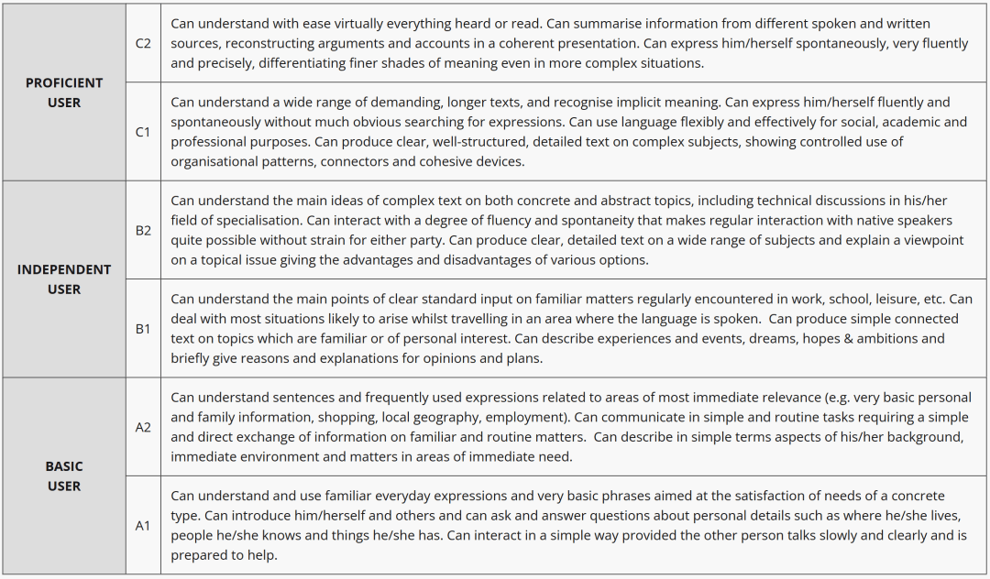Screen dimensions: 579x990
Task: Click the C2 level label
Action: click(x=143, y=43)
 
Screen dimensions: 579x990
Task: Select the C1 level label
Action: click(x=143, y=132)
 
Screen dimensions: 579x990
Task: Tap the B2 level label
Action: click(x=143, y=230)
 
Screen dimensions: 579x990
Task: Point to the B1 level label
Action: click(x=143, y=328)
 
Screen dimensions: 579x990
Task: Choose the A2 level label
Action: click(x=143, y=427)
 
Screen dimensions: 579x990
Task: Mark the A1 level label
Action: click(x=143, y=525)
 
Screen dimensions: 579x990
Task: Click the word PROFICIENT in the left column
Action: click(x=64, y=82)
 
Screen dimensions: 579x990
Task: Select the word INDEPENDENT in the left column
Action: click(x=64, y=269)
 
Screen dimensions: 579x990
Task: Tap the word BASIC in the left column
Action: click(x=64, y=466)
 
